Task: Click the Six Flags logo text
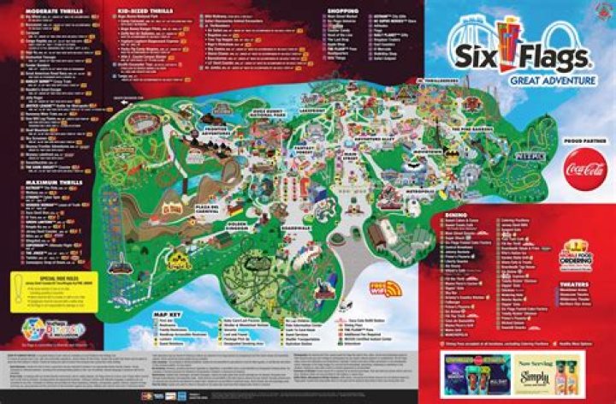point(517,58)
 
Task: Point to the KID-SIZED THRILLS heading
point(140,9)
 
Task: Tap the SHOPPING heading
point(342,11)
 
